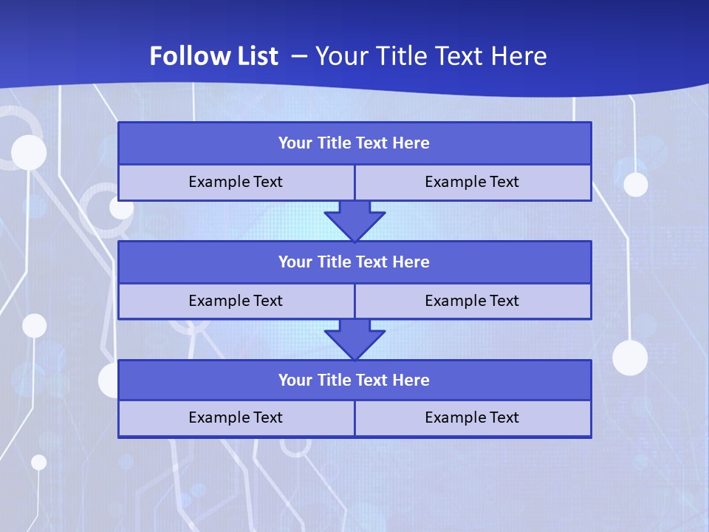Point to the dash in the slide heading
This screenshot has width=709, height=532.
(x=299, y=56)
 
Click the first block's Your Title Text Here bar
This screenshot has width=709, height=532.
(x=354, y=143)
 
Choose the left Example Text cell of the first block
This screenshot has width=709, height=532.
(x=236, y=182)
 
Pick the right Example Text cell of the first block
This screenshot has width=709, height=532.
(x=472, y=182)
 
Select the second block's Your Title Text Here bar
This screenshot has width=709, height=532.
(x=354, y=262)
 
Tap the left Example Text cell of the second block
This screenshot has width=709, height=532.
(x=236, y=301)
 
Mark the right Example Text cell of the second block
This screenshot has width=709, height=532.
(x=472, y=301)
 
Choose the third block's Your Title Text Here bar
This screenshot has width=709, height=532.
(x=354, y=381)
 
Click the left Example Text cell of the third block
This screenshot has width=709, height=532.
(x=236, y=417)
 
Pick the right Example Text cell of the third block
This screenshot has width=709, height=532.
(x=472, y=417)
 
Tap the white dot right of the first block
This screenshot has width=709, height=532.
(x=635, y=184)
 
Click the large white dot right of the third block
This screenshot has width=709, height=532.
(x=630, y=358)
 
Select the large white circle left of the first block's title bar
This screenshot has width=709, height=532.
(x=29, y=153)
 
